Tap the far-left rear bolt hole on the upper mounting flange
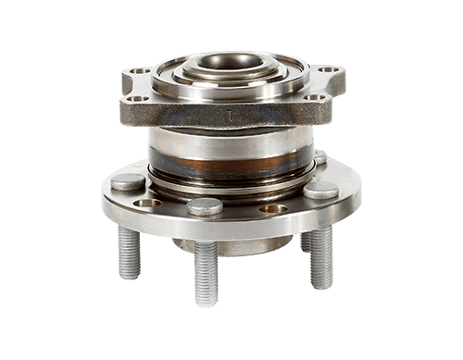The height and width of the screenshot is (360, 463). [139, 71]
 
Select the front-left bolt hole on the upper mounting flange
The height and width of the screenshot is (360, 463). [136, 98]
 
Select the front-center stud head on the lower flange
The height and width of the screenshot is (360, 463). [205, 206]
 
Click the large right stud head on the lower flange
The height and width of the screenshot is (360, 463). [320, 190]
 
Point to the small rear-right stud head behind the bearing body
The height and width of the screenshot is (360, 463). [319, 157]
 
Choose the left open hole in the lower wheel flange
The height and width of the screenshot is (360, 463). [146, 203]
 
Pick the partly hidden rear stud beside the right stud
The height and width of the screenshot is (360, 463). [305, 242]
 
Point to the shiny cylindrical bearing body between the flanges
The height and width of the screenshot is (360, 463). [227, 143]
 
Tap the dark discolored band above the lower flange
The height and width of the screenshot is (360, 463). [227, 174]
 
